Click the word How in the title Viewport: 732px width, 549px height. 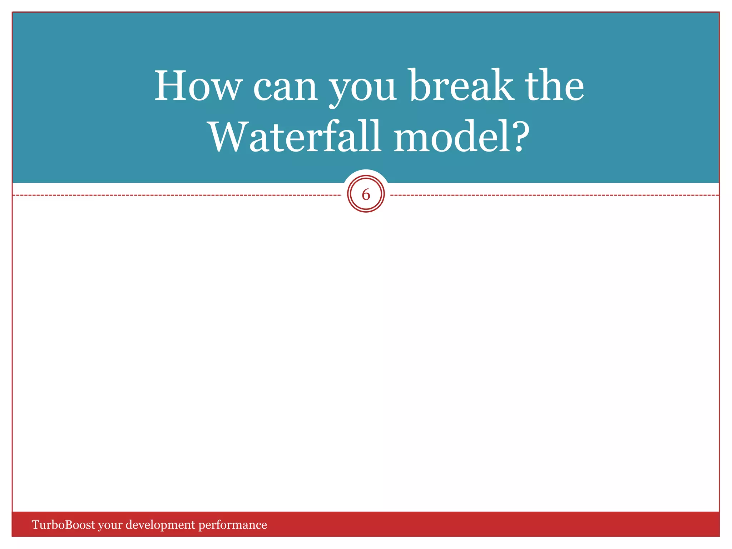(198, 86)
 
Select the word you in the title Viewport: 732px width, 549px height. (362, 89)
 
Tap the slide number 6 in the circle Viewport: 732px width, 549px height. (366, 195)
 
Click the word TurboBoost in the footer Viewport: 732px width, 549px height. (64, 525)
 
